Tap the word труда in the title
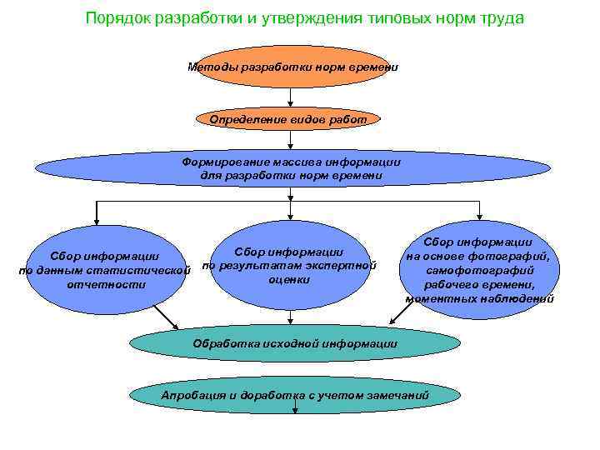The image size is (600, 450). pos(499,19)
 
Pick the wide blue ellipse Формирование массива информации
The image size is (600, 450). pos(292,168)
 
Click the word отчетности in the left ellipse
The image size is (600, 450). pos(105,284)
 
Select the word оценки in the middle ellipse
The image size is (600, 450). pos(289,279)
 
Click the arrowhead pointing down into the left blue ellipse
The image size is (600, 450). pos(97,221)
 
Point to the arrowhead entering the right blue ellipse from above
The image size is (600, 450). pos(481,218)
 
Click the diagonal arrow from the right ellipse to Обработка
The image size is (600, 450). pos(403,313)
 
